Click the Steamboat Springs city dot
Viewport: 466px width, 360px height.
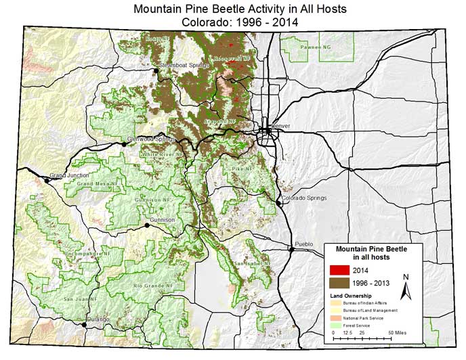[x=155, y=70]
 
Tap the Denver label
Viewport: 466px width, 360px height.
[x=281, y=127]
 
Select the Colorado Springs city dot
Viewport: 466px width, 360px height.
[x=278, y=202]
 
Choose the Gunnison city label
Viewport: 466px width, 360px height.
[x=162, y=221]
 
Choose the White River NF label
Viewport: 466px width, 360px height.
[x=163, y=155]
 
